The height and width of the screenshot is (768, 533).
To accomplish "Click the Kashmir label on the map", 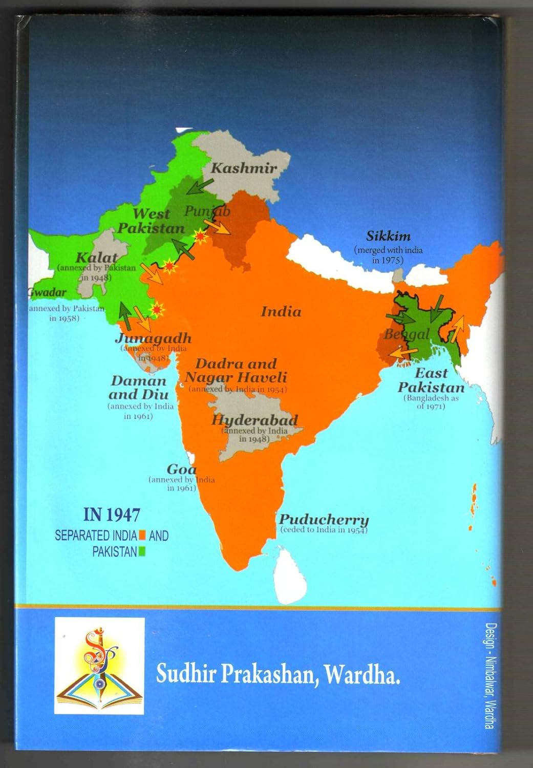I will tap(244, 167).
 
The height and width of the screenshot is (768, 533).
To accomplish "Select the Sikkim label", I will tap(388, 236).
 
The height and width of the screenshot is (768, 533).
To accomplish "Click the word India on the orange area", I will tap(281, 311).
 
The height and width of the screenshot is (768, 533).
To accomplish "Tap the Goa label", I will tap(181, 469).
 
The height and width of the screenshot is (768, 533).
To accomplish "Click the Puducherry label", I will tap(324, 519).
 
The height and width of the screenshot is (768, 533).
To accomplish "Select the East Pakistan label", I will tap(431, 380).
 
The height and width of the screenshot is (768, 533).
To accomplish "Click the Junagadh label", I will tap(153, 338).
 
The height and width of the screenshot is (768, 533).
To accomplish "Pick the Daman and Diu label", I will tap(138, 388).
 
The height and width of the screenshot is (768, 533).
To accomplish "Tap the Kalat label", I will tap(96, 258).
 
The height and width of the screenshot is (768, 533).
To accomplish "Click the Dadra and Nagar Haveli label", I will tap(236, 371).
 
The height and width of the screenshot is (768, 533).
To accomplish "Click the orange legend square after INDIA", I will tap(142, 536).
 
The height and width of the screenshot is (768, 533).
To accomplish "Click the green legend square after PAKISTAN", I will tap(142, 552).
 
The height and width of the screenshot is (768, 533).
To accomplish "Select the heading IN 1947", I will tap(112, 515).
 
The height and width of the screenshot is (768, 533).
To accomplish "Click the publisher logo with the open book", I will tap(99, 666).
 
